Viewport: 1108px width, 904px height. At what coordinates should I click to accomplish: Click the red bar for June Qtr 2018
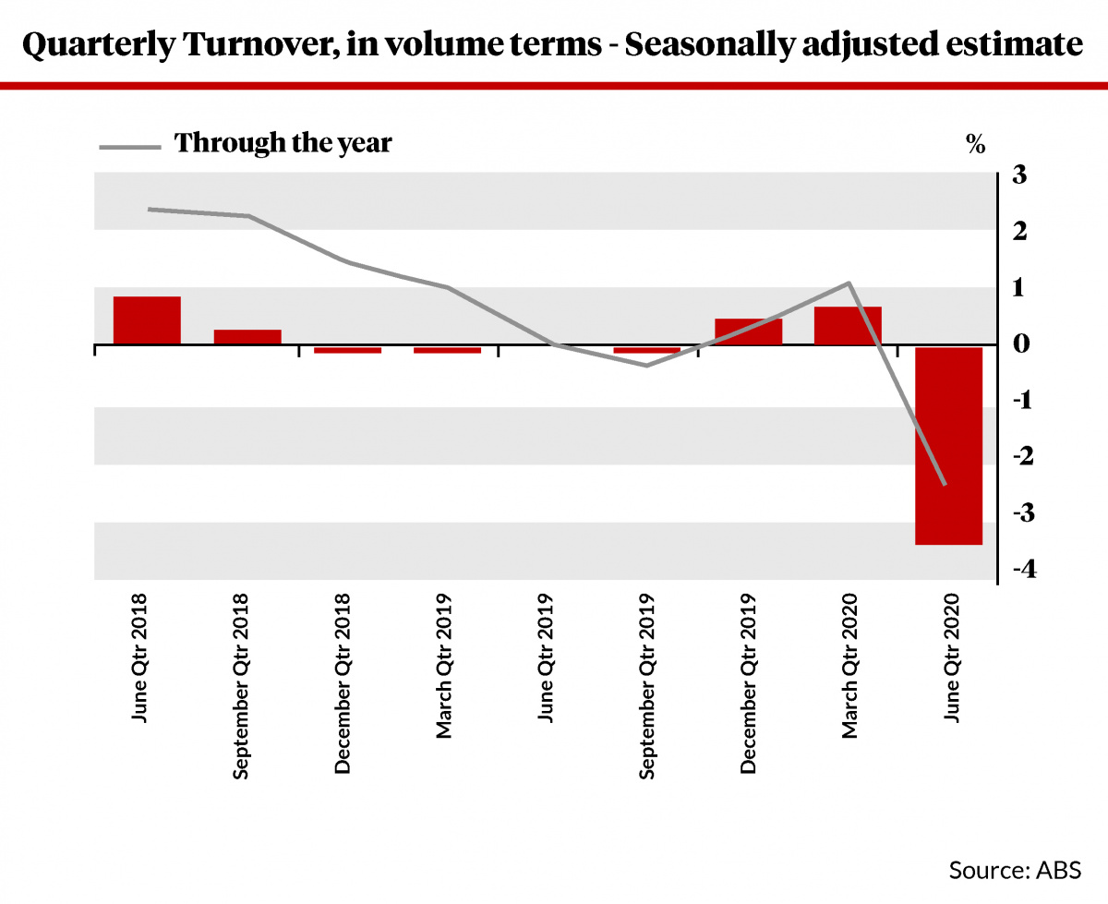point(147,320)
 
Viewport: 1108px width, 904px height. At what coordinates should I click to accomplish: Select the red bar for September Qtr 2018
point(247,337)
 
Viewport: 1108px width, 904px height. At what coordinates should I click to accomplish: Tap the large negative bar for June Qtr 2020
point(949,446)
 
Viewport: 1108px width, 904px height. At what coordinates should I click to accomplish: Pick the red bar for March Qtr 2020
point(848,326)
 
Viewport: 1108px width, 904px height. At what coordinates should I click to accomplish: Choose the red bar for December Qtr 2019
point(749,331)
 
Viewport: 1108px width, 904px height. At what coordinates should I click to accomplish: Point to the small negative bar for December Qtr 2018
point(348,350)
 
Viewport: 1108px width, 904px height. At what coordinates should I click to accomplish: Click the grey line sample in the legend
point(130,148)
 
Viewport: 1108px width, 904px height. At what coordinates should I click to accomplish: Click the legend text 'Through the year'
point(283,143)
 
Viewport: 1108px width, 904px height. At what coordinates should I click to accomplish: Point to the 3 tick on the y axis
point(1019,175)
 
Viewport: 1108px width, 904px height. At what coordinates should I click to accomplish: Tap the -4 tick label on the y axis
point(1025,569)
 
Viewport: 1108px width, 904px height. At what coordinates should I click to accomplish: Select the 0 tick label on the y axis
point(1021,344)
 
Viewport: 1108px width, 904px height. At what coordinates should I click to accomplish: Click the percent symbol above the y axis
point(976,144)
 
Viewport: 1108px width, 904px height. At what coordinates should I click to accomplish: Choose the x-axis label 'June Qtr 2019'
point(546,658)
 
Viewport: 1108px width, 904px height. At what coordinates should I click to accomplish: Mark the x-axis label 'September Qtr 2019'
point(646,686)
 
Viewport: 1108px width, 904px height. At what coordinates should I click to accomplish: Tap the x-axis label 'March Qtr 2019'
point(444,666)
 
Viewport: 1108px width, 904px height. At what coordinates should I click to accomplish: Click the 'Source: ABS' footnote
point(1015,871)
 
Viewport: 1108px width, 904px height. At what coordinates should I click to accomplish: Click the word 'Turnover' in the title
point(261,43)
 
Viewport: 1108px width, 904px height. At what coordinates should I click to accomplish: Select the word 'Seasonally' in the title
point(709,45)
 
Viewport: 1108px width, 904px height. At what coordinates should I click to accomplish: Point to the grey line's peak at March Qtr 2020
point(849,283)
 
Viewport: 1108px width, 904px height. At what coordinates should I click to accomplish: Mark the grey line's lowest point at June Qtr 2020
point(945,484)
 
